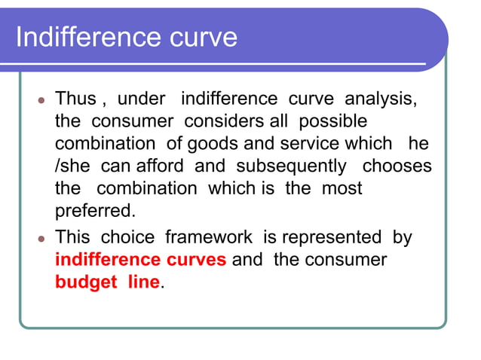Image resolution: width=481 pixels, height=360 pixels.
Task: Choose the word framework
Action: tap(209, 237)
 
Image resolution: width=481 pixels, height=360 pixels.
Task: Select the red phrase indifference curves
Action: tap(141, 260)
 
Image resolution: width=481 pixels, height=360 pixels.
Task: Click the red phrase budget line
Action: tap(108, 282)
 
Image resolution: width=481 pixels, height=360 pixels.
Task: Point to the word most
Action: tap(342, 188)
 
